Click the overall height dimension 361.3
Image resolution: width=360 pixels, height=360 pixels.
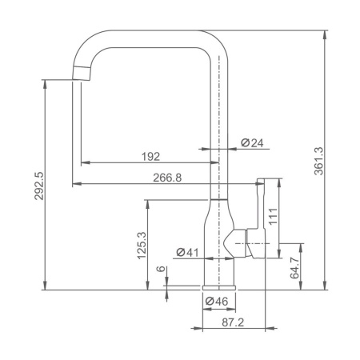(318, 161)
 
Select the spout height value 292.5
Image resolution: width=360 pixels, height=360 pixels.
(38, 186)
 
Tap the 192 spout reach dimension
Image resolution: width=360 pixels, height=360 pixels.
(150, 157)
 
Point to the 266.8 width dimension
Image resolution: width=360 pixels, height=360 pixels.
(167, 178)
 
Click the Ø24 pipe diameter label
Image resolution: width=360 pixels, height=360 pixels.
(252, 143)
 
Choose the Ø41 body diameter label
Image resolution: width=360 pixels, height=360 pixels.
(187, 252)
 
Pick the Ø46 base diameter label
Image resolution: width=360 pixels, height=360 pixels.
(217, 302)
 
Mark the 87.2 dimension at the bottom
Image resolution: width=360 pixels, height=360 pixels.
(233, 322)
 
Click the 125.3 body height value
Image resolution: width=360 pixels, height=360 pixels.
(142, 246)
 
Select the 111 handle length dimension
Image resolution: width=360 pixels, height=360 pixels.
(273, 216)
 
